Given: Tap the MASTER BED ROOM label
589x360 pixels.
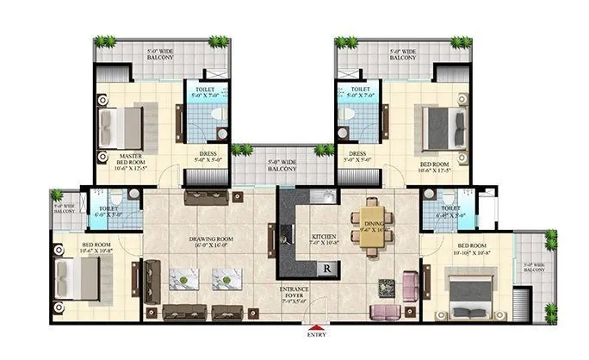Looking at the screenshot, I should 136,161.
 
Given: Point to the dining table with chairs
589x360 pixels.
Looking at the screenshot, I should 372,229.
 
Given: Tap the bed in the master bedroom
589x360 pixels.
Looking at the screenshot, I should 121,126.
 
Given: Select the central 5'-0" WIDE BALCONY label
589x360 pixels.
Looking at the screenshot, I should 282,164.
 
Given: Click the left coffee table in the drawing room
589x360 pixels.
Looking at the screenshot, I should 185,277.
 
